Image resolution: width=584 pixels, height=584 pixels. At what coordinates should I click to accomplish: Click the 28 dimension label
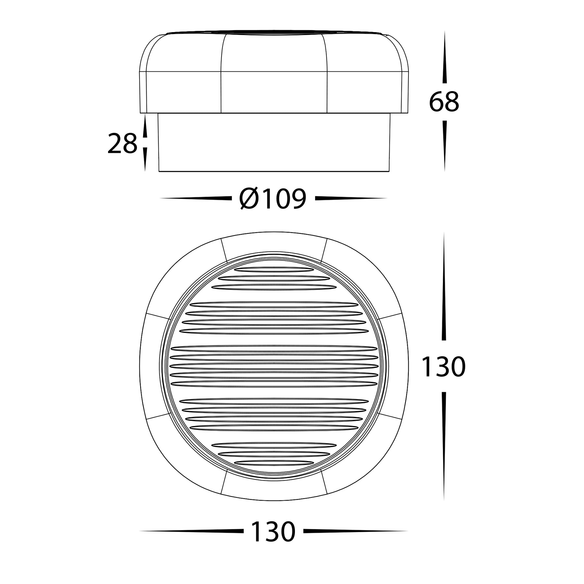click(x=122, y=144)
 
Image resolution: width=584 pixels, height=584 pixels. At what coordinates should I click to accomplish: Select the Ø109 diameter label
click(x=273, y=199)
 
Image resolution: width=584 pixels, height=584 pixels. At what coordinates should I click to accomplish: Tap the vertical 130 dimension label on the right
click(x=443, y=367)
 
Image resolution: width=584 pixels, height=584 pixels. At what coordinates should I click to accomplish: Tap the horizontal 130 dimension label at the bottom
click(x=273, y=531)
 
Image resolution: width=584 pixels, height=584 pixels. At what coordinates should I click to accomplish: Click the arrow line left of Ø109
click(x=195, y=198)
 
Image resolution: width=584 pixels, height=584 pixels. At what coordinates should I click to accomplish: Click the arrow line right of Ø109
click(x=350, y=198)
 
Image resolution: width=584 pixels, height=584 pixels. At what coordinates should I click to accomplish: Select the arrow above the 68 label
click(x=444, y=58)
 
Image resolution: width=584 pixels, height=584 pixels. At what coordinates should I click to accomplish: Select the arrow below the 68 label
click(x=444, y=146)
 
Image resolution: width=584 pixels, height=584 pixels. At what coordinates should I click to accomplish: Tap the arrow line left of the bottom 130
click(x=191, y=531)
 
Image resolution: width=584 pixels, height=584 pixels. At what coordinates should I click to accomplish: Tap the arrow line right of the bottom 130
click(x=355, y=531)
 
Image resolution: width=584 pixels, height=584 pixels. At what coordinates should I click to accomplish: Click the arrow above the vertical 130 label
click(x=444, y=286)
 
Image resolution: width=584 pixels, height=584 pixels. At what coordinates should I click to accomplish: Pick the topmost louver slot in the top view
click(x=274, y=270)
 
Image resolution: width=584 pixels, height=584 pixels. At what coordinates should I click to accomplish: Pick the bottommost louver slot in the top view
click(x=274, y=462)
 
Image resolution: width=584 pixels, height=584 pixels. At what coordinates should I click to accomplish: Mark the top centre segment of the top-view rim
click(x=274, y=245)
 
